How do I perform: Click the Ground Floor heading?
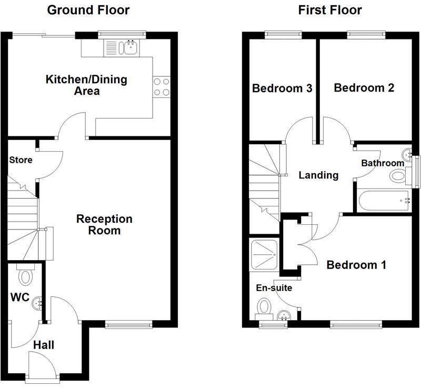tap(88, 10)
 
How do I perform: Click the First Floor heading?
tap(330, 10)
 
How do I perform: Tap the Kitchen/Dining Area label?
tap(87, 85)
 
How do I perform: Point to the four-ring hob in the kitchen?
tap(162, 87)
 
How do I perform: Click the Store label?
tap(21, 160)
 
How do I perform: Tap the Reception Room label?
tap(105, 224)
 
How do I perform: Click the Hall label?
tap(44, 345)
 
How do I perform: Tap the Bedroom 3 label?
tap(282, 88)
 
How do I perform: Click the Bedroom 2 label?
tap(364, 88)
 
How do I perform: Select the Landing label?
tap(318, 175)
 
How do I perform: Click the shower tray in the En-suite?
tap(263, 255)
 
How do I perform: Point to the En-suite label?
tap(274, 288)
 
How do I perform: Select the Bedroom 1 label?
tap(356, 265)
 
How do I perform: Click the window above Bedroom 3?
tap(281, 35)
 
